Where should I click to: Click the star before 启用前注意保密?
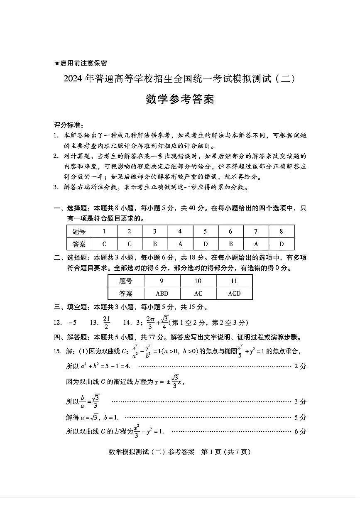click(57, 63)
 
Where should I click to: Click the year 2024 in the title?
click(73, 78)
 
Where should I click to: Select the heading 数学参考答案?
click(180, 100)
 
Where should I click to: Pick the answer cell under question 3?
click(155, 244)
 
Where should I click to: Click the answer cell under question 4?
click(180, 244)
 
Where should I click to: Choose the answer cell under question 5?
click(206, 244)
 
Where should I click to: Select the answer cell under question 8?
click(282, 244)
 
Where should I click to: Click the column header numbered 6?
click(231, 231)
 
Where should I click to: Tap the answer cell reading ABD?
click(162, 294)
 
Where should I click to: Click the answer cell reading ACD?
click(234, 294)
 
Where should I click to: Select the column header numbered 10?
click(198, 281)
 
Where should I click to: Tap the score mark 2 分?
click(300, 366)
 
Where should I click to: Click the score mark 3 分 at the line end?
click(300, 401)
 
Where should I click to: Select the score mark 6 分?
click(300, 431)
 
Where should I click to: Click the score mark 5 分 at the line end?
click(300, 417)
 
